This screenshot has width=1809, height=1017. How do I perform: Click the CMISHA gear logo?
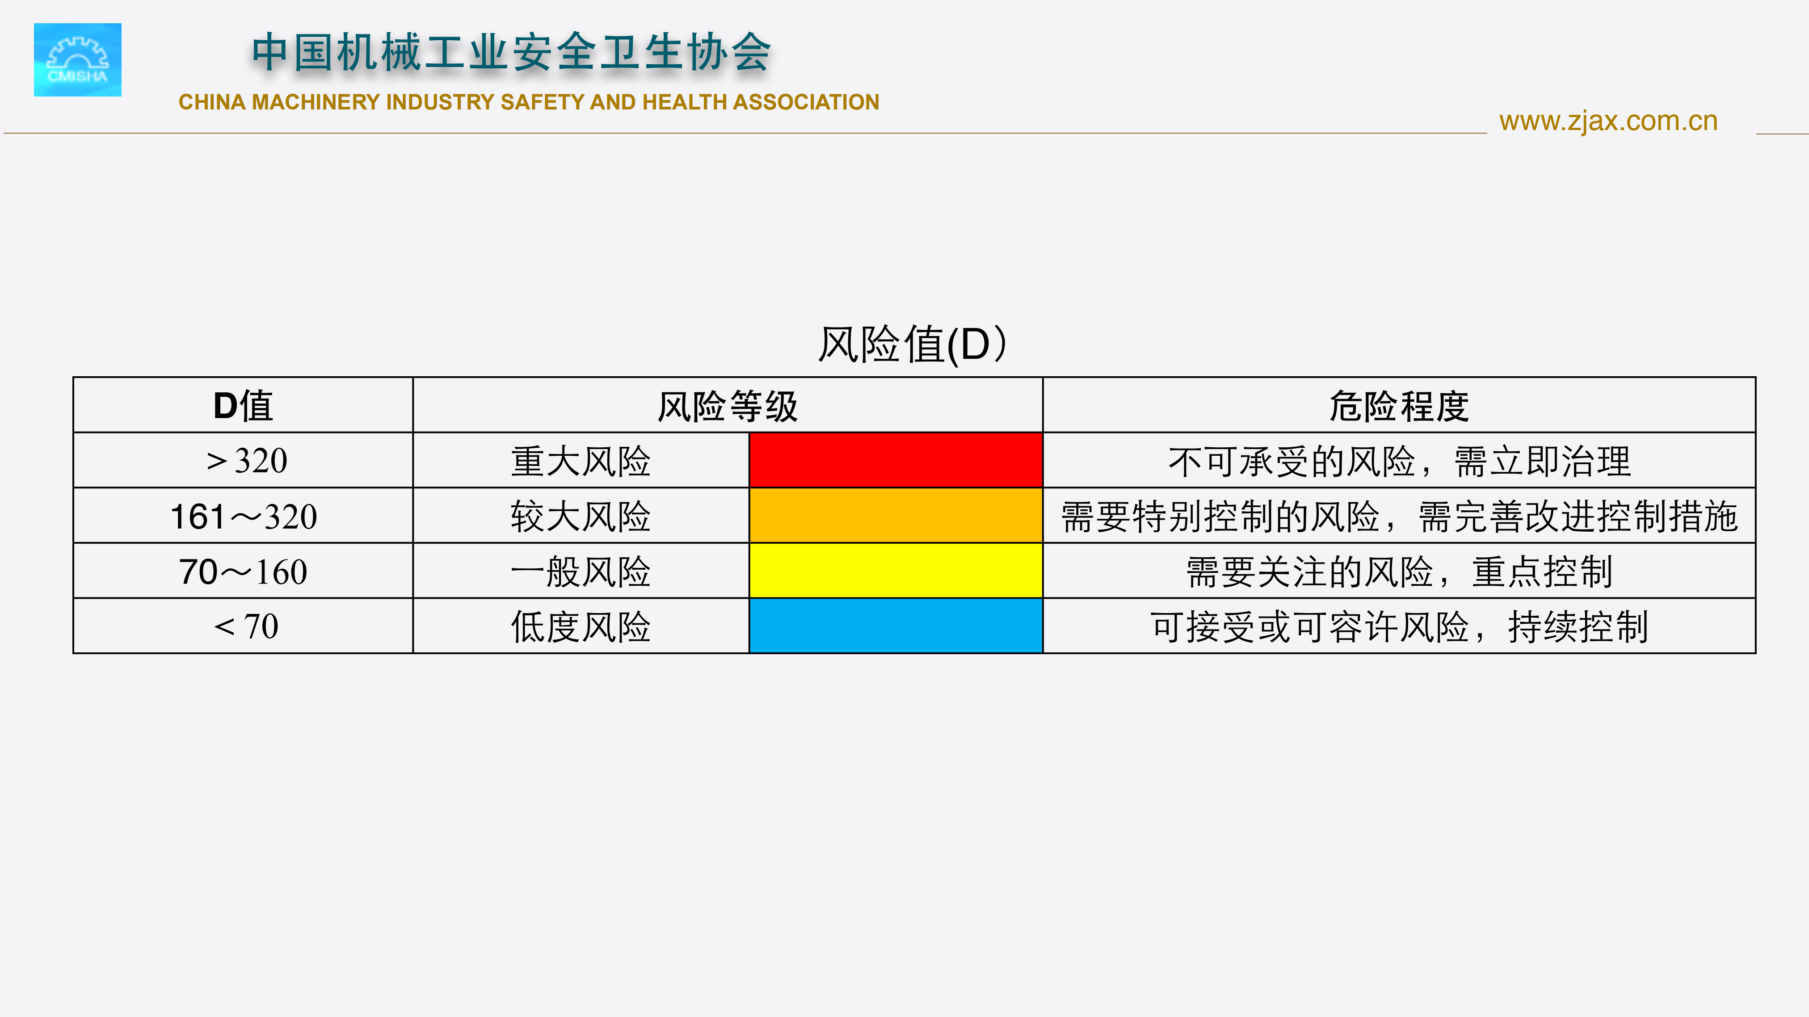[x=77, y=60]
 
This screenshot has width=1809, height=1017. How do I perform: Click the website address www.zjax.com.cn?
[x=1608, y=122]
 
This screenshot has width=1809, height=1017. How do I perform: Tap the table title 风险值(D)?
[x=912, y=344]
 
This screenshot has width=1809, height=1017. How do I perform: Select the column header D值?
[x=243, y=406]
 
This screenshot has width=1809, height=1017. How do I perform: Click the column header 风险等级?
[x=728, y=406]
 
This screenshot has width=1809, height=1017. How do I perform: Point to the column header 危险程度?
[x=1399, y=406]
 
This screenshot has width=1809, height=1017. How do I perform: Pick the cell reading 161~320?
[x=244, y=516]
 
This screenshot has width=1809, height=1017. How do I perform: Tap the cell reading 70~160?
[x=243, y=572]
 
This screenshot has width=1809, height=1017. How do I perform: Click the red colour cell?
[x=896, y=461]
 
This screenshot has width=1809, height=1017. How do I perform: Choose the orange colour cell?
[x=896, y=516]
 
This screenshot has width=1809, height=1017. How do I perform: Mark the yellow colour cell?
[x=896, y=571]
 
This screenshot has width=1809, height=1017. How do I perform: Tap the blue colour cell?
[x=896, y=626]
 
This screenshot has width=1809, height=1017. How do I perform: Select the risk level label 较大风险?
[x=581, y=516]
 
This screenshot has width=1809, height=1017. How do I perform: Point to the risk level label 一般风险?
[x=581, y=572]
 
